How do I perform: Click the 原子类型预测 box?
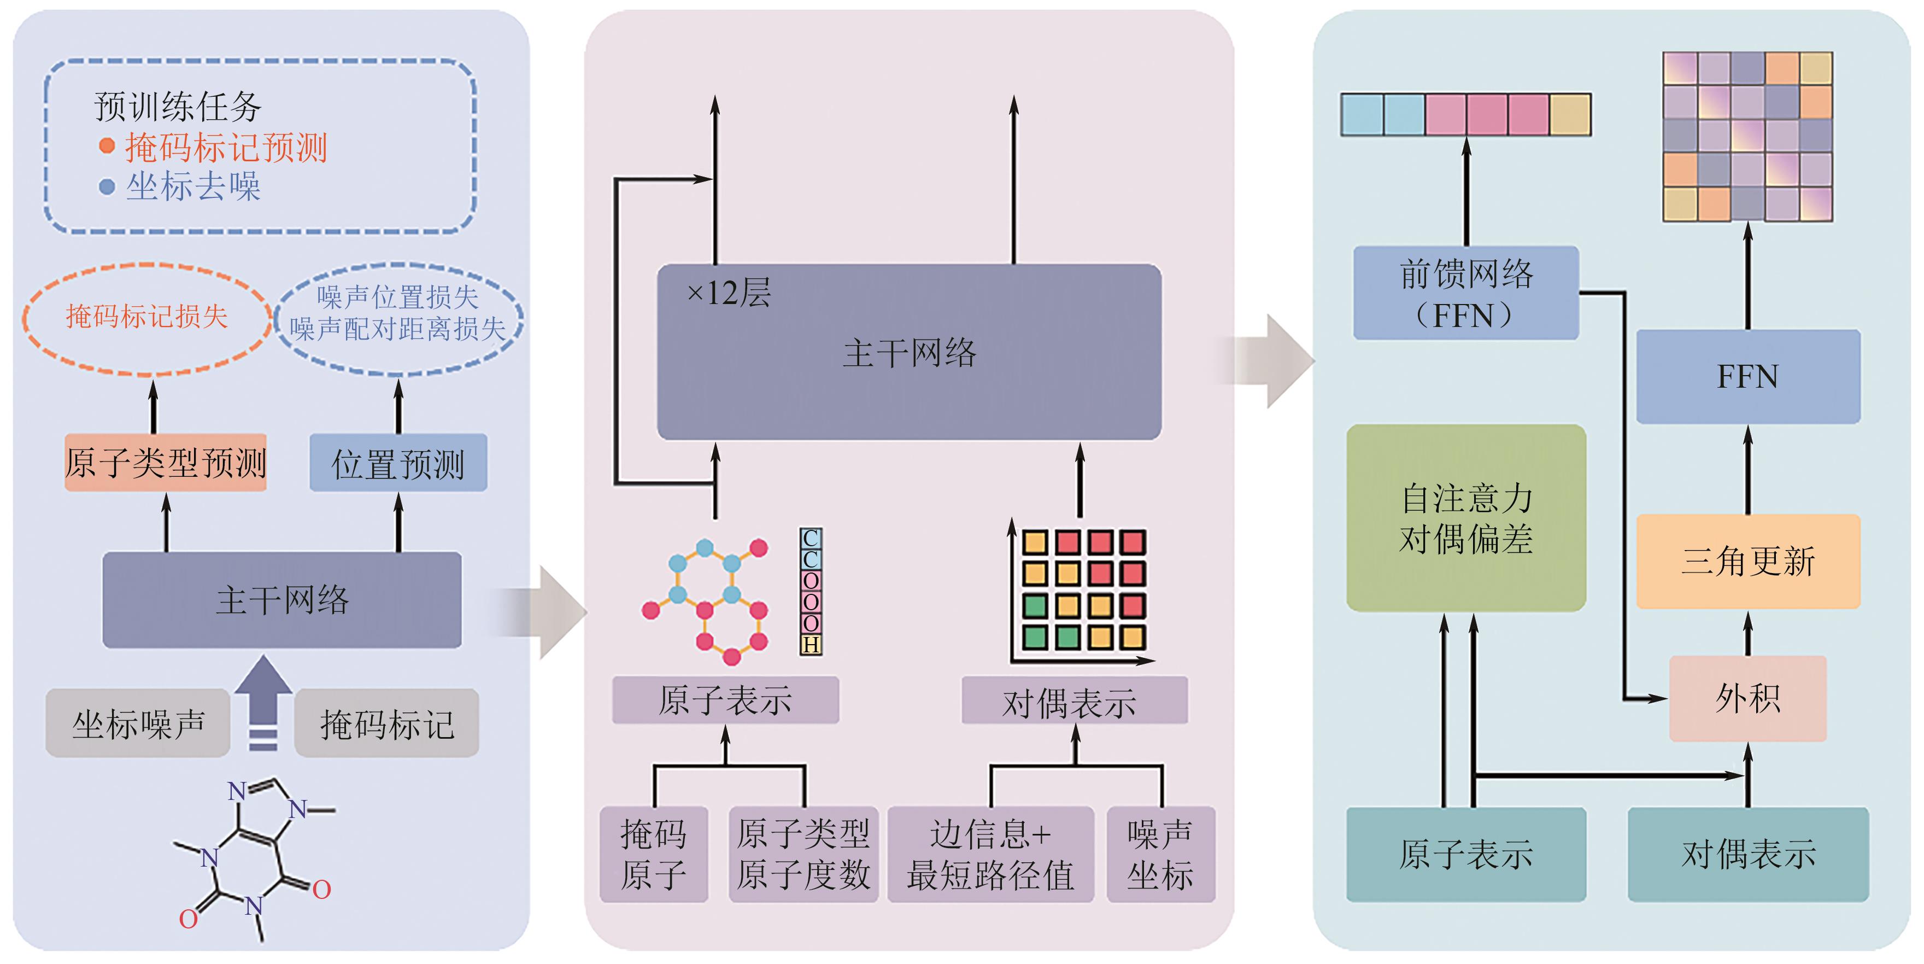click(165, 463)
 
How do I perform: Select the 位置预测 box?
click(398, 463)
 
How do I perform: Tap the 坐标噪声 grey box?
click(138, 723)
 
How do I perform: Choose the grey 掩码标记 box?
click(386, 723)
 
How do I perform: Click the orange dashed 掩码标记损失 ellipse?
click(146, 318)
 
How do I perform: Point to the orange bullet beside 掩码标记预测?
click(107, 145)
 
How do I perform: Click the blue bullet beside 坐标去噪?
click(107, 186)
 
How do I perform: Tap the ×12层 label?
click(728, 292)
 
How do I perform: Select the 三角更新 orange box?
click(1748, 561)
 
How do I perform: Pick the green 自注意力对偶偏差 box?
click(1465, 518)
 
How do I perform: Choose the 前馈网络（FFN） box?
click(1465, 294)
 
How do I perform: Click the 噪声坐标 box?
click(1160, 854)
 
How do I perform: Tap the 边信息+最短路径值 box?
click(990, 854)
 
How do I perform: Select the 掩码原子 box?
click(654, 854)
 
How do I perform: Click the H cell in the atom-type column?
click(811, 645)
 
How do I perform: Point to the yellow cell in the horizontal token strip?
click(1570, 114)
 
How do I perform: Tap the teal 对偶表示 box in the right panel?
click(1748, 854)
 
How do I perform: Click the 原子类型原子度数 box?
click(803, 854)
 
